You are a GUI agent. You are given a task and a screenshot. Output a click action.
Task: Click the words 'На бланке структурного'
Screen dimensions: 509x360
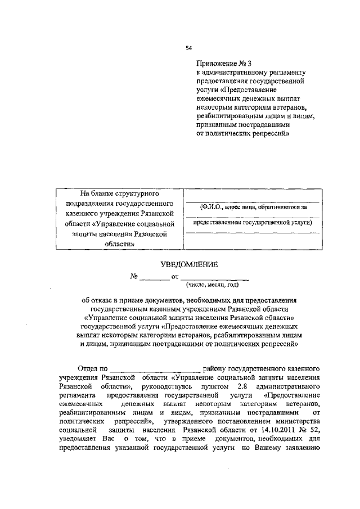(118, 193)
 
